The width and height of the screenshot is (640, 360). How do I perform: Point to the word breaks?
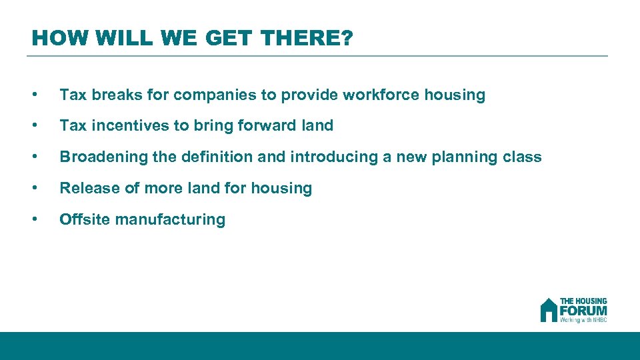(115, 95)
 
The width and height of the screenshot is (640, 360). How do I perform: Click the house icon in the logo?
(549, 310)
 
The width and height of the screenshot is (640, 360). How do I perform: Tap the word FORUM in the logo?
(583, 311)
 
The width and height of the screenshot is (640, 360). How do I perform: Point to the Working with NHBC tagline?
(583, 320)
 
